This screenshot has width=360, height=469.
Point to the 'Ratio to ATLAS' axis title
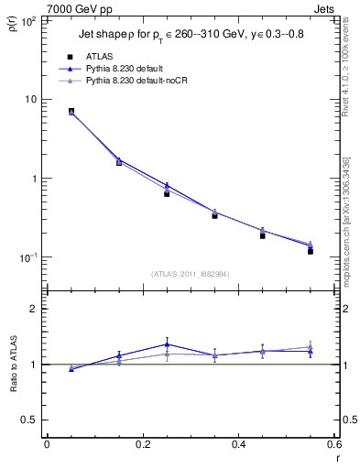tap(12, 387)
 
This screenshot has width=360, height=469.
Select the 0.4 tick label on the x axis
tap(239, 444)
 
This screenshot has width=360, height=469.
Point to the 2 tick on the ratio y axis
tap(37, 309)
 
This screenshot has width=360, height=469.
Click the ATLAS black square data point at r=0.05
tap(71, 112)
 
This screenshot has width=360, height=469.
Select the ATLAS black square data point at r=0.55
tap(311, 250)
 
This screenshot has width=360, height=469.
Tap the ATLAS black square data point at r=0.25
tap(167, 193)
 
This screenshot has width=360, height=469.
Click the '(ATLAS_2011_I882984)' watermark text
tap(191, 273)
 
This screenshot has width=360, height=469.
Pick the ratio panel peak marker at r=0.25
tap(167, 344)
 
